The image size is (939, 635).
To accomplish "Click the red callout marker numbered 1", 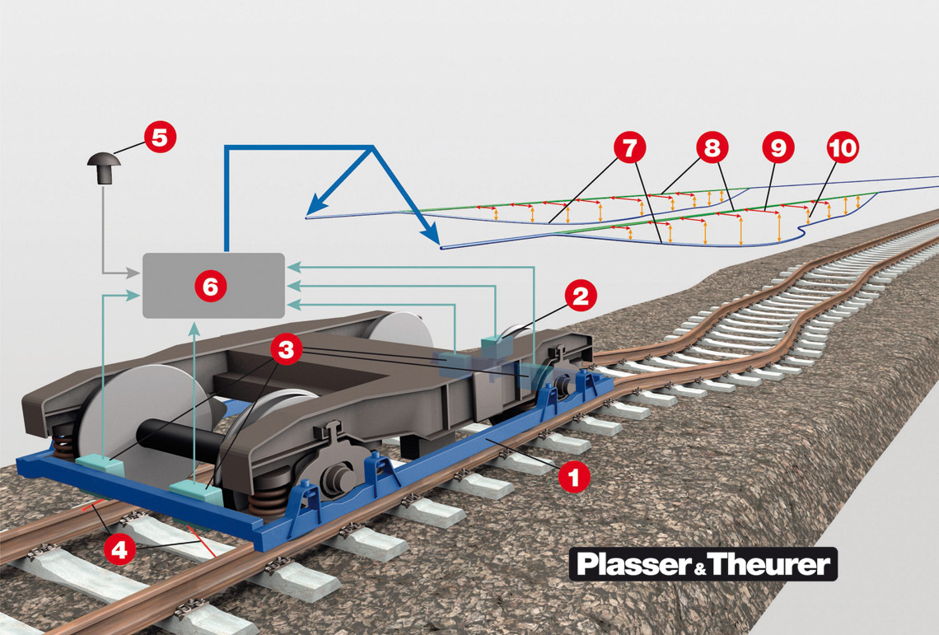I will pos(574,476).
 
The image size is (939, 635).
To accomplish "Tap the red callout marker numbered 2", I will pos(580,296).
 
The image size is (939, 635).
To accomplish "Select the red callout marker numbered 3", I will pos(285,349).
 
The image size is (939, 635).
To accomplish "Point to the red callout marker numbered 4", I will pos(119,549).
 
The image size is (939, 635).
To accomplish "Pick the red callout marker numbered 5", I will pos(160,137).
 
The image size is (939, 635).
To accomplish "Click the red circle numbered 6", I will pos(211,286).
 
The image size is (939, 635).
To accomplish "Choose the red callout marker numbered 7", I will pos(629,148).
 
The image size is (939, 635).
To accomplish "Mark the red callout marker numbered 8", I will pos(712,148).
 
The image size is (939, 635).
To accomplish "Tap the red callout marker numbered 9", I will pos(778,148).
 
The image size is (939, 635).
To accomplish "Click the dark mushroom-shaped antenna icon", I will pos(103,169).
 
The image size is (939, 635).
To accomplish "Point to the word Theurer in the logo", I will pos(769,565).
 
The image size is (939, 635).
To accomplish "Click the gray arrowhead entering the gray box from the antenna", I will pos(135,272).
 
